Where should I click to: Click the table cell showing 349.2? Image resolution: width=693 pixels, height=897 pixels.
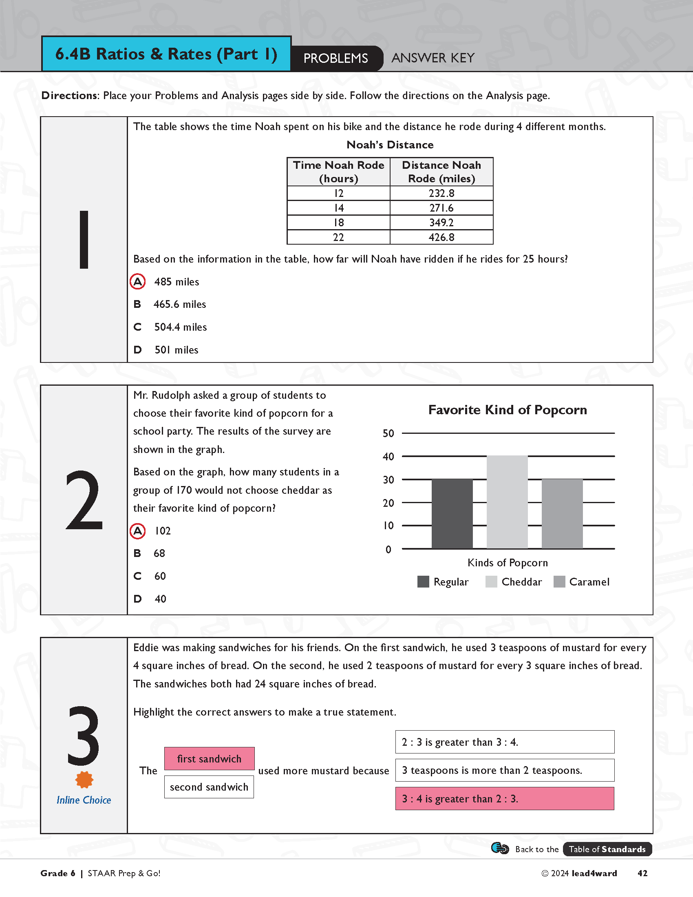(441, 223)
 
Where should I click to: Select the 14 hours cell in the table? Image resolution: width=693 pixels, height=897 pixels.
(338, 208)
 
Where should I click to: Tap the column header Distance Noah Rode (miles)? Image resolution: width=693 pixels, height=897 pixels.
(441, 172)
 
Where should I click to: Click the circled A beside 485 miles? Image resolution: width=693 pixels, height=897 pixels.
(137, 282)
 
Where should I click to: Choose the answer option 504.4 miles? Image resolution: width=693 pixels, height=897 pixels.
(180, 327)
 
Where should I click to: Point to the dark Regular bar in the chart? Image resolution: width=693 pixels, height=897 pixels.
(452, 513)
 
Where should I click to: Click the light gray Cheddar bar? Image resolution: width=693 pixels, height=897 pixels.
(507, 502)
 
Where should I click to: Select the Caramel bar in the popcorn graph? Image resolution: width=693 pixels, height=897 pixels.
(562, 513)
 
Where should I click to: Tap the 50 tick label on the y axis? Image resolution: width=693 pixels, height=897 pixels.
(388, 433)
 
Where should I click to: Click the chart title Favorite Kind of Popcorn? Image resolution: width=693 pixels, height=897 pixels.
(508, 410)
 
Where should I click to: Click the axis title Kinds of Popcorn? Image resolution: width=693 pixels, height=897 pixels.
(508, 563)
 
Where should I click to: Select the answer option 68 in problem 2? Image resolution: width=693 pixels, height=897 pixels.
(159, 553)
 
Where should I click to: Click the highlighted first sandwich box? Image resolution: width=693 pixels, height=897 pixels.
(210, 759)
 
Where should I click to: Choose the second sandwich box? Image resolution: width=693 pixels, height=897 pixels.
(209, 787)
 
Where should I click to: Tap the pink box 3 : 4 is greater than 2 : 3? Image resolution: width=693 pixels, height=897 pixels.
(505, 798)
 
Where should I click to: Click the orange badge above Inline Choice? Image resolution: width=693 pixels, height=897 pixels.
(84, 780)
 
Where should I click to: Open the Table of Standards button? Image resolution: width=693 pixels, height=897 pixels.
(607, 849)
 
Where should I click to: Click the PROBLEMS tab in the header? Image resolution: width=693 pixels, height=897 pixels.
(336, 58)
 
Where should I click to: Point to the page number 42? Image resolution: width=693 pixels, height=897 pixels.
(642, 873)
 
